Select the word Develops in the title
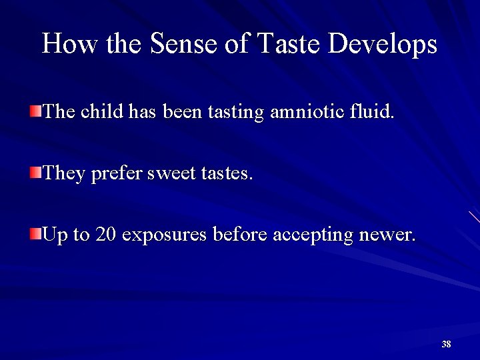(383, 45)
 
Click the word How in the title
(64, 44)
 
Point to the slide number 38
(446, 344)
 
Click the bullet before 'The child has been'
(35, 110)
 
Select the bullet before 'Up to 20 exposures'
(35, 233)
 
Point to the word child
(101, 111)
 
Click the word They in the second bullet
(64, 174)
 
